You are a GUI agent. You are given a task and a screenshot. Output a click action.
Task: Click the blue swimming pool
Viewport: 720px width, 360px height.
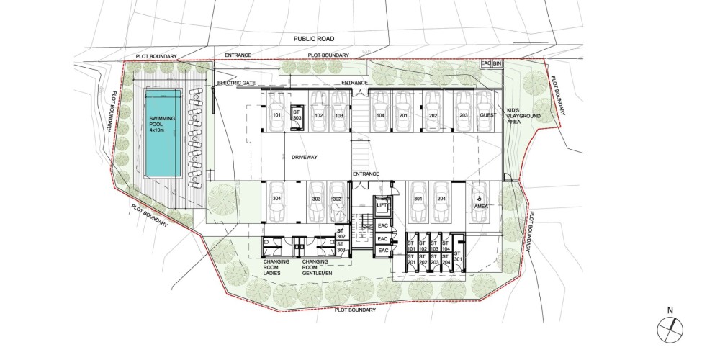tap(163, 133)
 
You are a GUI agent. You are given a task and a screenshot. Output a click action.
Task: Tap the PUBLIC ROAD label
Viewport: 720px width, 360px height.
tap(314, 39)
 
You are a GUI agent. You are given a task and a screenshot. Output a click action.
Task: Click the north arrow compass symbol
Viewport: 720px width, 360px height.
tap(670, 330)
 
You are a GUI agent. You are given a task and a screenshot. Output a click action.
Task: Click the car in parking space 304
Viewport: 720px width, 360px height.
tap(277, 202)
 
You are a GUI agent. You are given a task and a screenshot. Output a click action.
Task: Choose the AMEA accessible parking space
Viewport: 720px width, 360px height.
tap(479, 202)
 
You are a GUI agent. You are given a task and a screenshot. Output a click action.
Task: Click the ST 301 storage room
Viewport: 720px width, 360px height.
tap(457, 256)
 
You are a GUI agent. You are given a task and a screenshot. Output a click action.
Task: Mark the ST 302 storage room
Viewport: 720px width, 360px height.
tap(341, 234)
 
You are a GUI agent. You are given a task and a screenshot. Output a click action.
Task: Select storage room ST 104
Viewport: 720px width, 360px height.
tap(446, 246)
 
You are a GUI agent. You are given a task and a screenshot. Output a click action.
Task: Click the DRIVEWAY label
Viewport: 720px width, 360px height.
tap(305, 158)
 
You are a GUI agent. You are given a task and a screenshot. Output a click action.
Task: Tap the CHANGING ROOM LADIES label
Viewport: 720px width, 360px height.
tap(276, 267)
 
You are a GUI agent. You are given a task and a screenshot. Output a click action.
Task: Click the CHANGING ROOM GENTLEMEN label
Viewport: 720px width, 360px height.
tap(317, 267)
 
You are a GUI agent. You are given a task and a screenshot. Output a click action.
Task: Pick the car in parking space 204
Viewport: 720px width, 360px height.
tap(441, 202)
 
